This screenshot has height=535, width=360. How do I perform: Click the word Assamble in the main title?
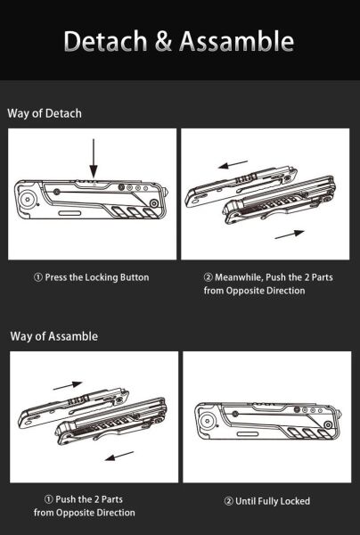236,41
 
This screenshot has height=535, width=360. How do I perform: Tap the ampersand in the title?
164,41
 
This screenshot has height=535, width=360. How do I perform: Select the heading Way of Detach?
45,113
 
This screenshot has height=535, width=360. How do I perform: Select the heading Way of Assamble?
53,336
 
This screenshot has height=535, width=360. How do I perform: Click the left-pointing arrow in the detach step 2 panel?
233,165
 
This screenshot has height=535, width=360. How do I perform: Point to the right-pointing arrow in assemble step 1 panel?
68,386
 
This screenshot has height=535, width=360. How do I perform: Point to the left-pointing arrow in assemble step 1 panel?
119,456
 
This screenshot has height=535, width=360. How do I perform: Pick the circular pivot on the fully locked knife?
207,420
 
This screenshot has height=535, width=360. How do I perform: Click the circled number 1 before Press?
38,277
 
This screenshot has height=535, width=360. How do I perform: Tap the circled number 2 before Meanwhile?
209,277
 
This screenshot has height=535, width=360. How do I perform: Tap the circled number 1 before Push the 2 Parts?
49,499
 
